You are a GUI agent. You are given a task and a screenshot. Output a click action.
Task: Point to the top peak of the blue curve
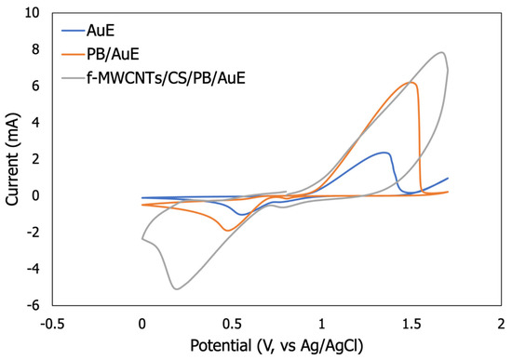point(384,153)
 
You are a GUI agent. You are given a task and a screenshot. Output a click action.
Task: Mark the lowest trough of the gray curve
point(176,289)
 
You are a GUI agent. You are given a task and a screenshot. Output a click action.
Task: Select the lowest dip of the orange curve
point(226,230)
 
